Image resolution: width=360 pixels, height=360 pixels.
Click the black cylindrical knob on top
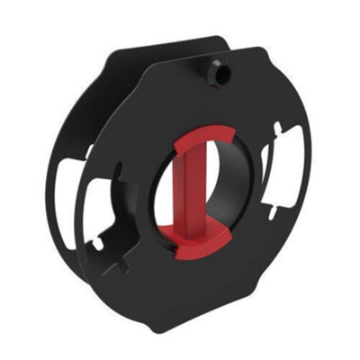click(214, 73)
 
